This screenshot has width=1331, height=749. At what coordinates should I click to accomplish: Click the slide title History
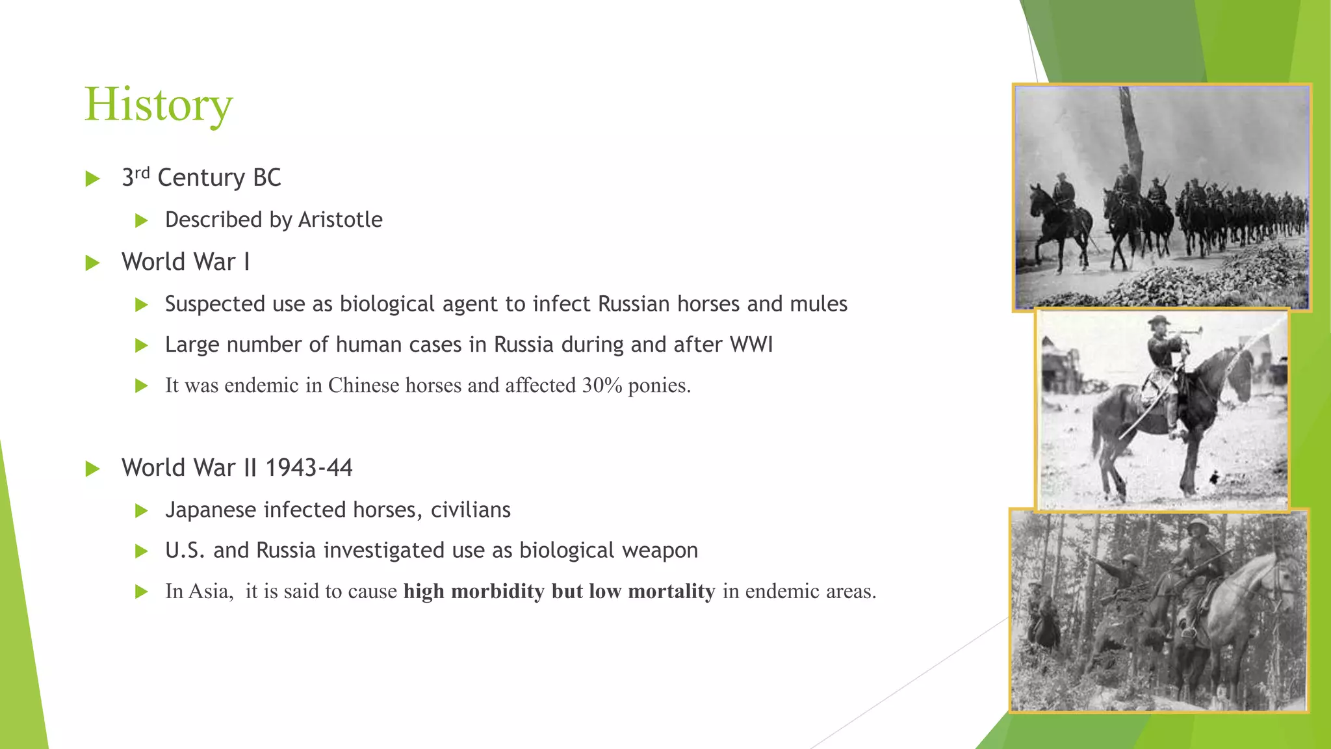(158, 104)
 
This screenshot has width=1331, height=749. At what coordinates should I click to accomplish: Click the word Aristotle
(340, 220)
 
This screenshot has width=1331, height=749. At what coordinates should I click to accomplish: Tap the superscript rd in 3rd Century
(142, 172)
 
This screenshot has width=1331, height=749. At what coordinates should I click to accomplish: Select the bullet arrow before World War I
(93, 263)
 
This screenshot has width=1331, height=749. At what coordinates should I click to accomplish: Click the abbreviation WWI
(751, 345)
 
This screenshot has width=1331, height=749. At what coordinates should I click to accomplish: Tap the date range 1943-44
(309, 468)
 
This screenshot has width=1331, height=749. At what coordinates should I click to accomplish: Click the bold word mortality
(671, 591)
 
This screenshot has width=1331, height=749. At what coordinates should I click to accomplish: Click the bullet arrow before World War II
(93, 469)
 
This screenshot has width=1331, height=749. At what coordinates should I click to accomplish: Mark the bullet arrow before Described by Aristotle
(142, 221)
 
